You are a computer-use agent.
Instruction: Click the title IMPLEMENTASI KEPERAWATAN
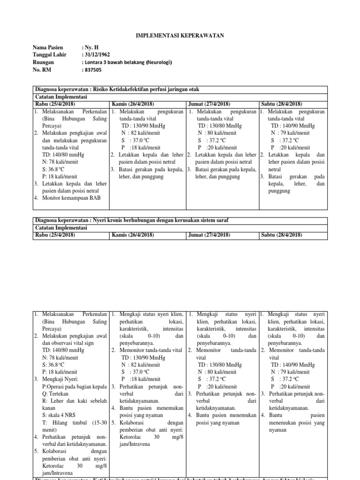(180, 35)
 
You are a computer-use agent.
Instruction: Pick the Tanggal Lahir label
(49, 55)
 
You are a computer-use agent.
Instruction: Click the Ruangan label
(44, 62)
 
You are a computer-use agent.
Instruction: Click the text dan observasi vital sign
(67, 343)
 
